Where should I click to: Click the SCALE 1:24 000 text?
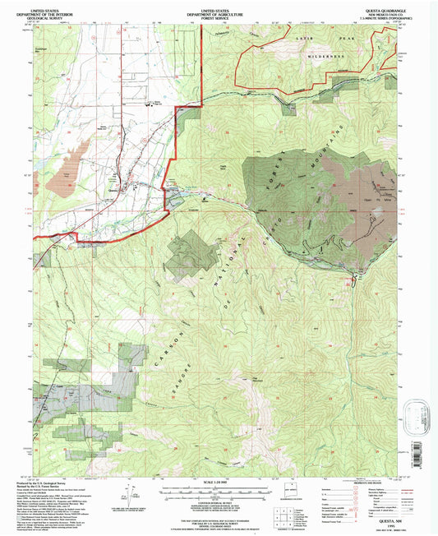click(219, 481)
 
